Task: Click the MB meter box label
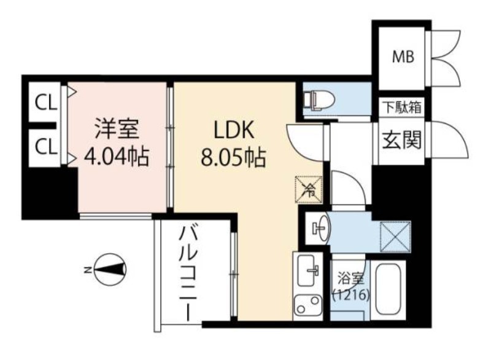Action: click(x=404, y=57)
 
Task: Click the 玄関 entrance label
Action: click(x=403, y=142)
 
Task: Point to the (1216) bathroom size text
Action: click(x=350, y=295)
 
